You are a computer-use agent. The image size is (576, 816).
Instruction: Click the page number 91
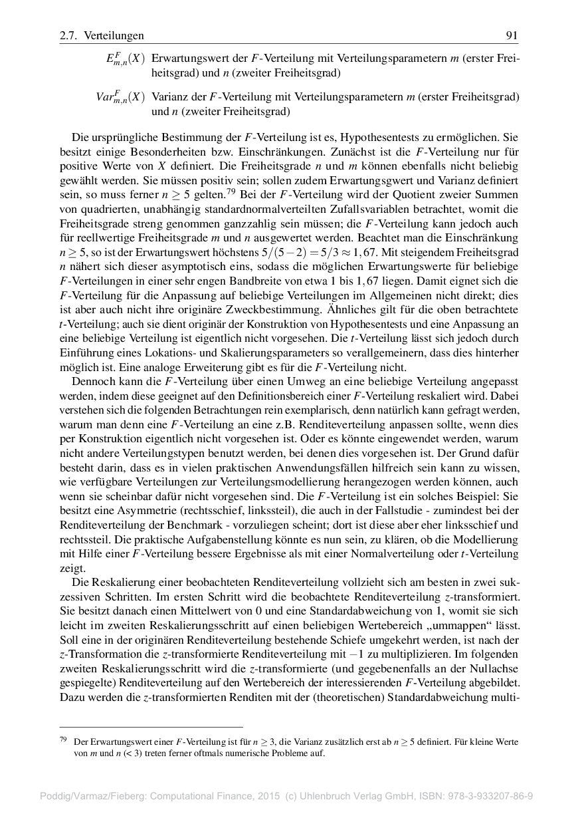click(x=512, y=35)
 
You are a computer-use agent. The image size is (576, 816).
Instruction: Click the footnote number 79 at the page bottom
click(x=64, y=740)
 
